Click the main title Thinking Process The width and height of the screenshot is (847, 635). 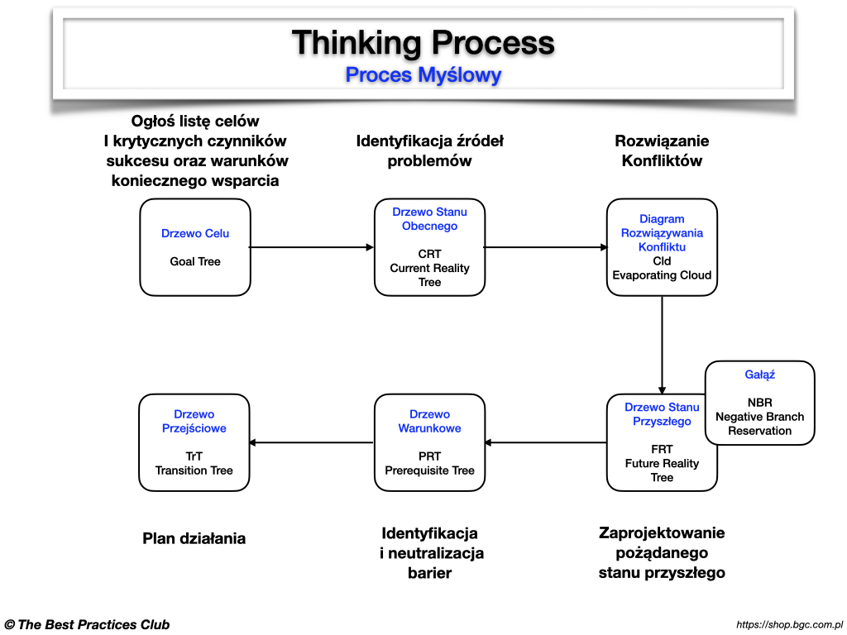[423, 42]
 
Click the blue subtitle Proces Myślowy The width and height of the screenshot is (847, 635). [423, 75]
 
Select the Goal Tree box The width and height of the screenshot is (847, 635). [195, 247]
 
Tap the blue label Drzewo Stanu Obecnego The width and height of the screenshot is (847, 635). [429, 219]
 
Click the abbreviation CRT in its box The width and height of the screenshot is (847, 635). [429, 254]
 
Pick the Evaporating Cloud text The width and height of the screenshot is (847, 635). [662, 275]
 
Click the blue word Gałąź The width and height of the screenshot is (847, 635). [759, 375]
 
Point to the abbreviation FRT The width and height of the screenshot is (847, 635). [662, 449]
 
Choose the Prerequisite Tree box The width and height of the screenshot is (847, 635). [429, 442]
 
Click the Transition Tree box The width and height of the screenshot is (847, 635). [195, 442]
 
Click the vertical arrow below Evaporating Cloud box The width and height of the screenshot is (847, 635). [662, 344]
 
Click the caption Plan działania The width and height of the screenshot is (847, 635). [194, 538]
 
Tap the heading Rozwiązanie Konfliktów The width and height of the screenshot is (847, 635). [662, 150]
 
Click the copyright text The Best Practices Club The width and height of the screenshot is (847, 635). [87, 624]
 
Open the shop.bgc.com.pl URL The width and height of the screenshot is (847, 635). [789, 625]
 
